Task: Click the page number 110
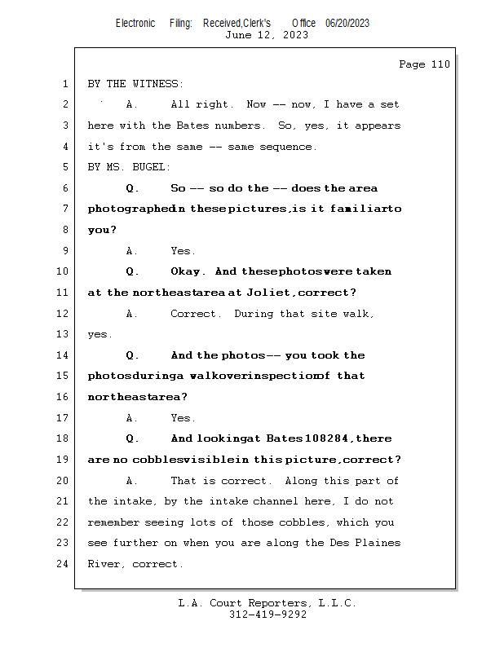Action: click(440, 64)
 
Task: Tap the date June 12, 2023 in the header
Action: click(267, 35)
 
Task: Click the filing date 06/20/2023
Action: click(347, 23)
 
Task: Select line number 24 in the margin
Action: click(64, 564)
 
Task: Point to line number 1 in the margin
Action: click(64, 84)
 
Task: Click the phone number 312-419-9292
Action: click(267, 615)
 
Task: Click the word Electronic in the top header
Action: click(135, 23)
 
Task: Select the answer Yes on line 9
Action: click(183, 251)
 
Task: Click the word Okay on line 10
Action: click(188, 271)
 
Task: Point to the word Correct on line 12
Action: click(195, 314)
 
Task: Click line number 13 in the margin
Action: click(64, 334)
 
